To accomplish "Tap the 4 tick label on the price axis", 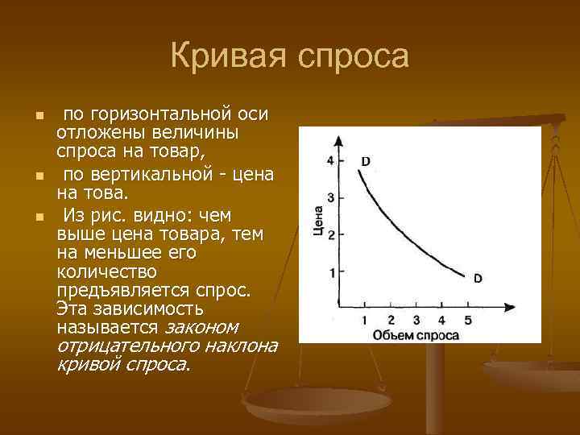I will point(330,160).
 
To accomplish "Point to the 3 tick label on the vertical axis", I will point(330,197).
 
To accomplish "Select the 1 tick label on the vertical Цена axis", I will point(331,273).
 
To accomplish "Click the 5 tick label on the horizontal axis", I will point(468,321).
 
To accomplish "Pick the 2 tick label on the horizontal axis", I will point(391,321).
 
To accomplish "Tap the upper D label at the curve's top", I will point(366,161).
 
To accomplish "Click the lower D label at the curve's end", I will point(477,279).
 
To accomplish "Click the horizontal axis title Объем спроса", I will point(416,335).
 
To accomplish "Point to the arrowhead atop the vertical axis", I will point(340,140).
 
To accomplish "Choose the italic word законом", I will point(201,328).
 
